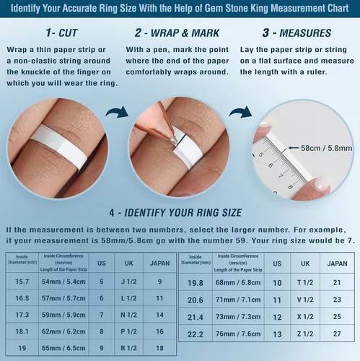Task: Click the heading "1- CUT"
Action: (61, 33)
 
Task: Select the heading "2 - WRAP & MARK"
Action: (177, 33)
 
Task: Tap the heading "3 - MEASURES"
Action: (297, 33)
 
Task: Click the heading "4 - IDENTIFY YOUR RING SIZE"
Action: (175, 213)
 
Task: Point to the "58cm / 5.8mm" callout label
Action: (326, 148)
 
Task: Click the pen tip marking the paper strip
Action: (174, 141)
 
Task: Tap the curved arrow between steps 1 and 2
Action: (117, 113)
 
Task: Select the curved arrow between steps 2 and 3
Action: (240, 113)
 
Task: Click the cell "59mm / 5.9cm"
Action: (63, 315)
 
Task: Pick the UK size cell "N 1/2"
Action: (128, 315)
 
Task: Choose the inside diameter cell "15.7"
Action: (22, 282)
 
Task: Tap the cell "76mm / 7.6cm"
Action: (238, 334)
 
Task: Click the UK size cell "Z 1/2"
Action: (305, 334)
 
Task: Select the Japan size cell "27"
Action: (337, 334)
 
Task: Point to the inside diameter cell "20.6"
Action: (196, 300)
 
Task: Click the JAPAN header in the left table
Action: (160, 264)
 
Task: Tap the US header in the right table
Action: (277, 264)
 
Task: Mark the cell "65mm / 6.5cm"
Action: (63, 348)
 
